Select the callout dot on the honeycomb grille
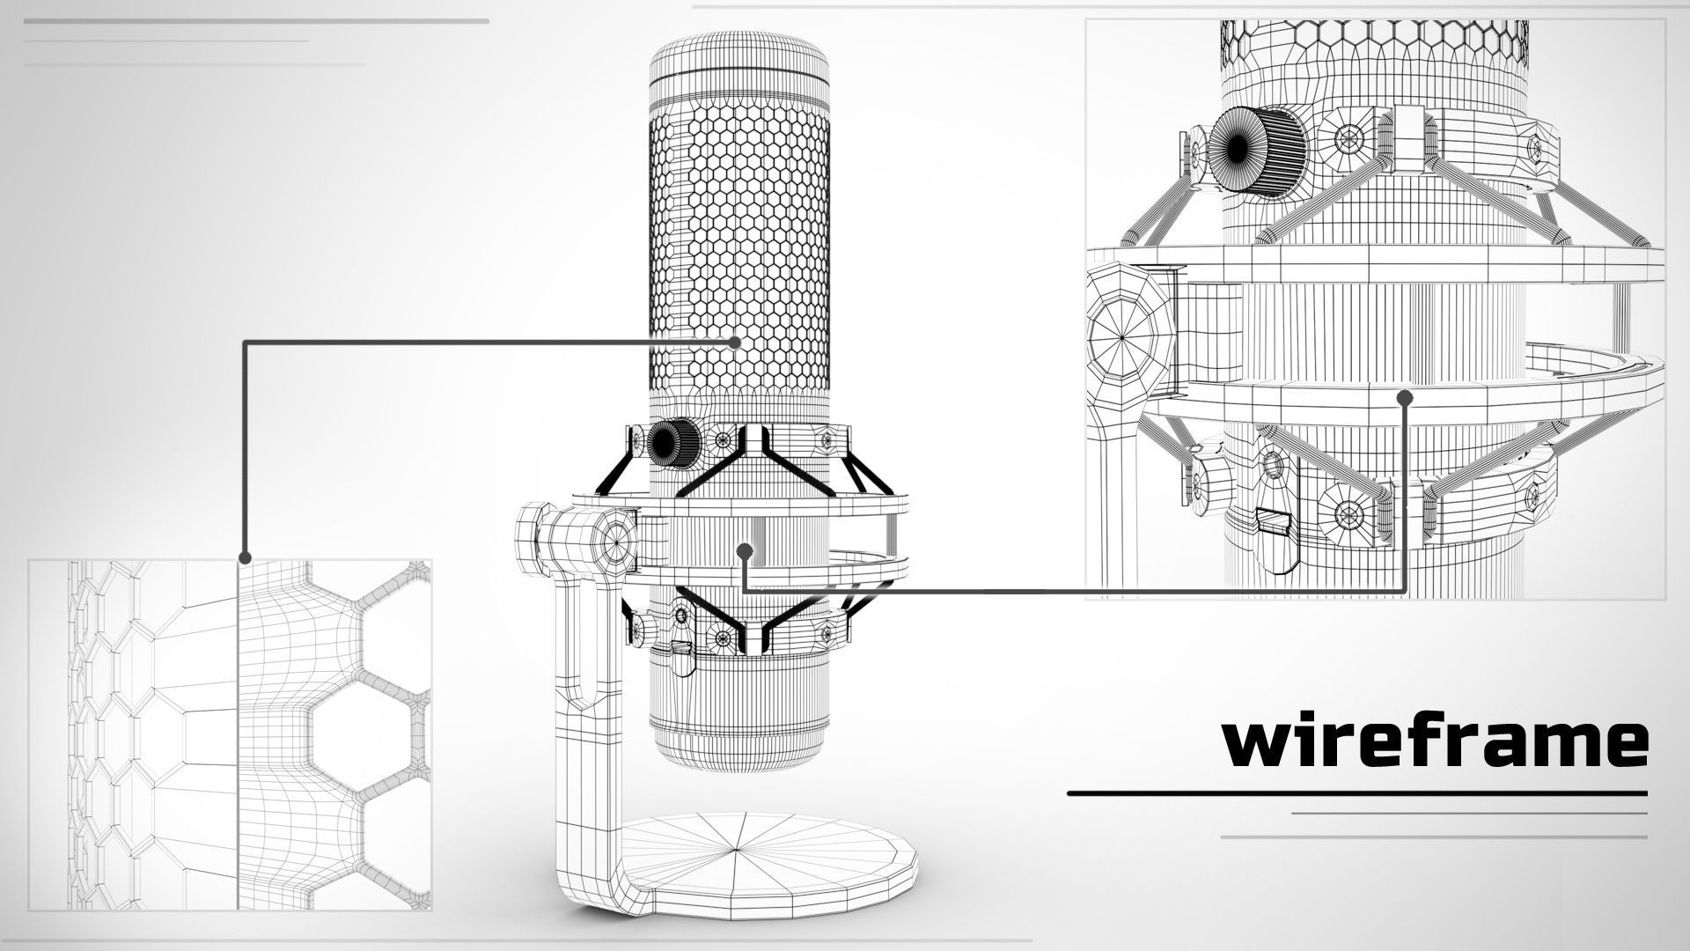coord(736,343)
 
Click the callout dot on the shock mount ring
coord(746,551)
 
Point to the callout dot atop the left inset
coord(246,557)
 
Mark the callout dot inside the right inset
coord(1405,398)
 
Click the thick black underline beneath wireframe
coord(1356,793)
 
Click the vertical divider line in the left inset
coord(238,748)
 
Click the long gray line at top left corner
coord(256,20)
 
